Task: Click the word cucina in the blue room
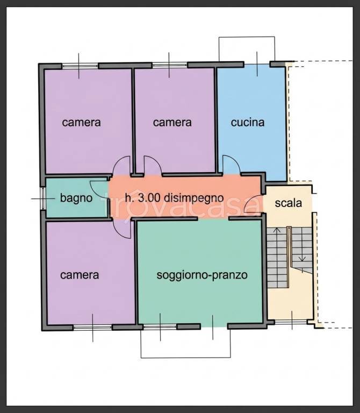pos(248,122)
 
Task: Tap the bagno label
pos(76,198)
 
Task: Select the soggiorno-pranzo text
pos(202,275)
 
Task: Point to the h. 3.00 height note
pos(139,197)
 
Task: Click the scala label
pos(289,203)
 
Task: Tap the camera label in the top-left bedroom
pos(81,122)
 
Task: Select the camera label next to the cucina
pos(172,122)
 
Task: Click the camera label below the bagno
pos(80,275)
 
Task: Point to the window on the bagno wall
pos(42,198)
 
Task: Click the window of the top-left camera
pos(80,66)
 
